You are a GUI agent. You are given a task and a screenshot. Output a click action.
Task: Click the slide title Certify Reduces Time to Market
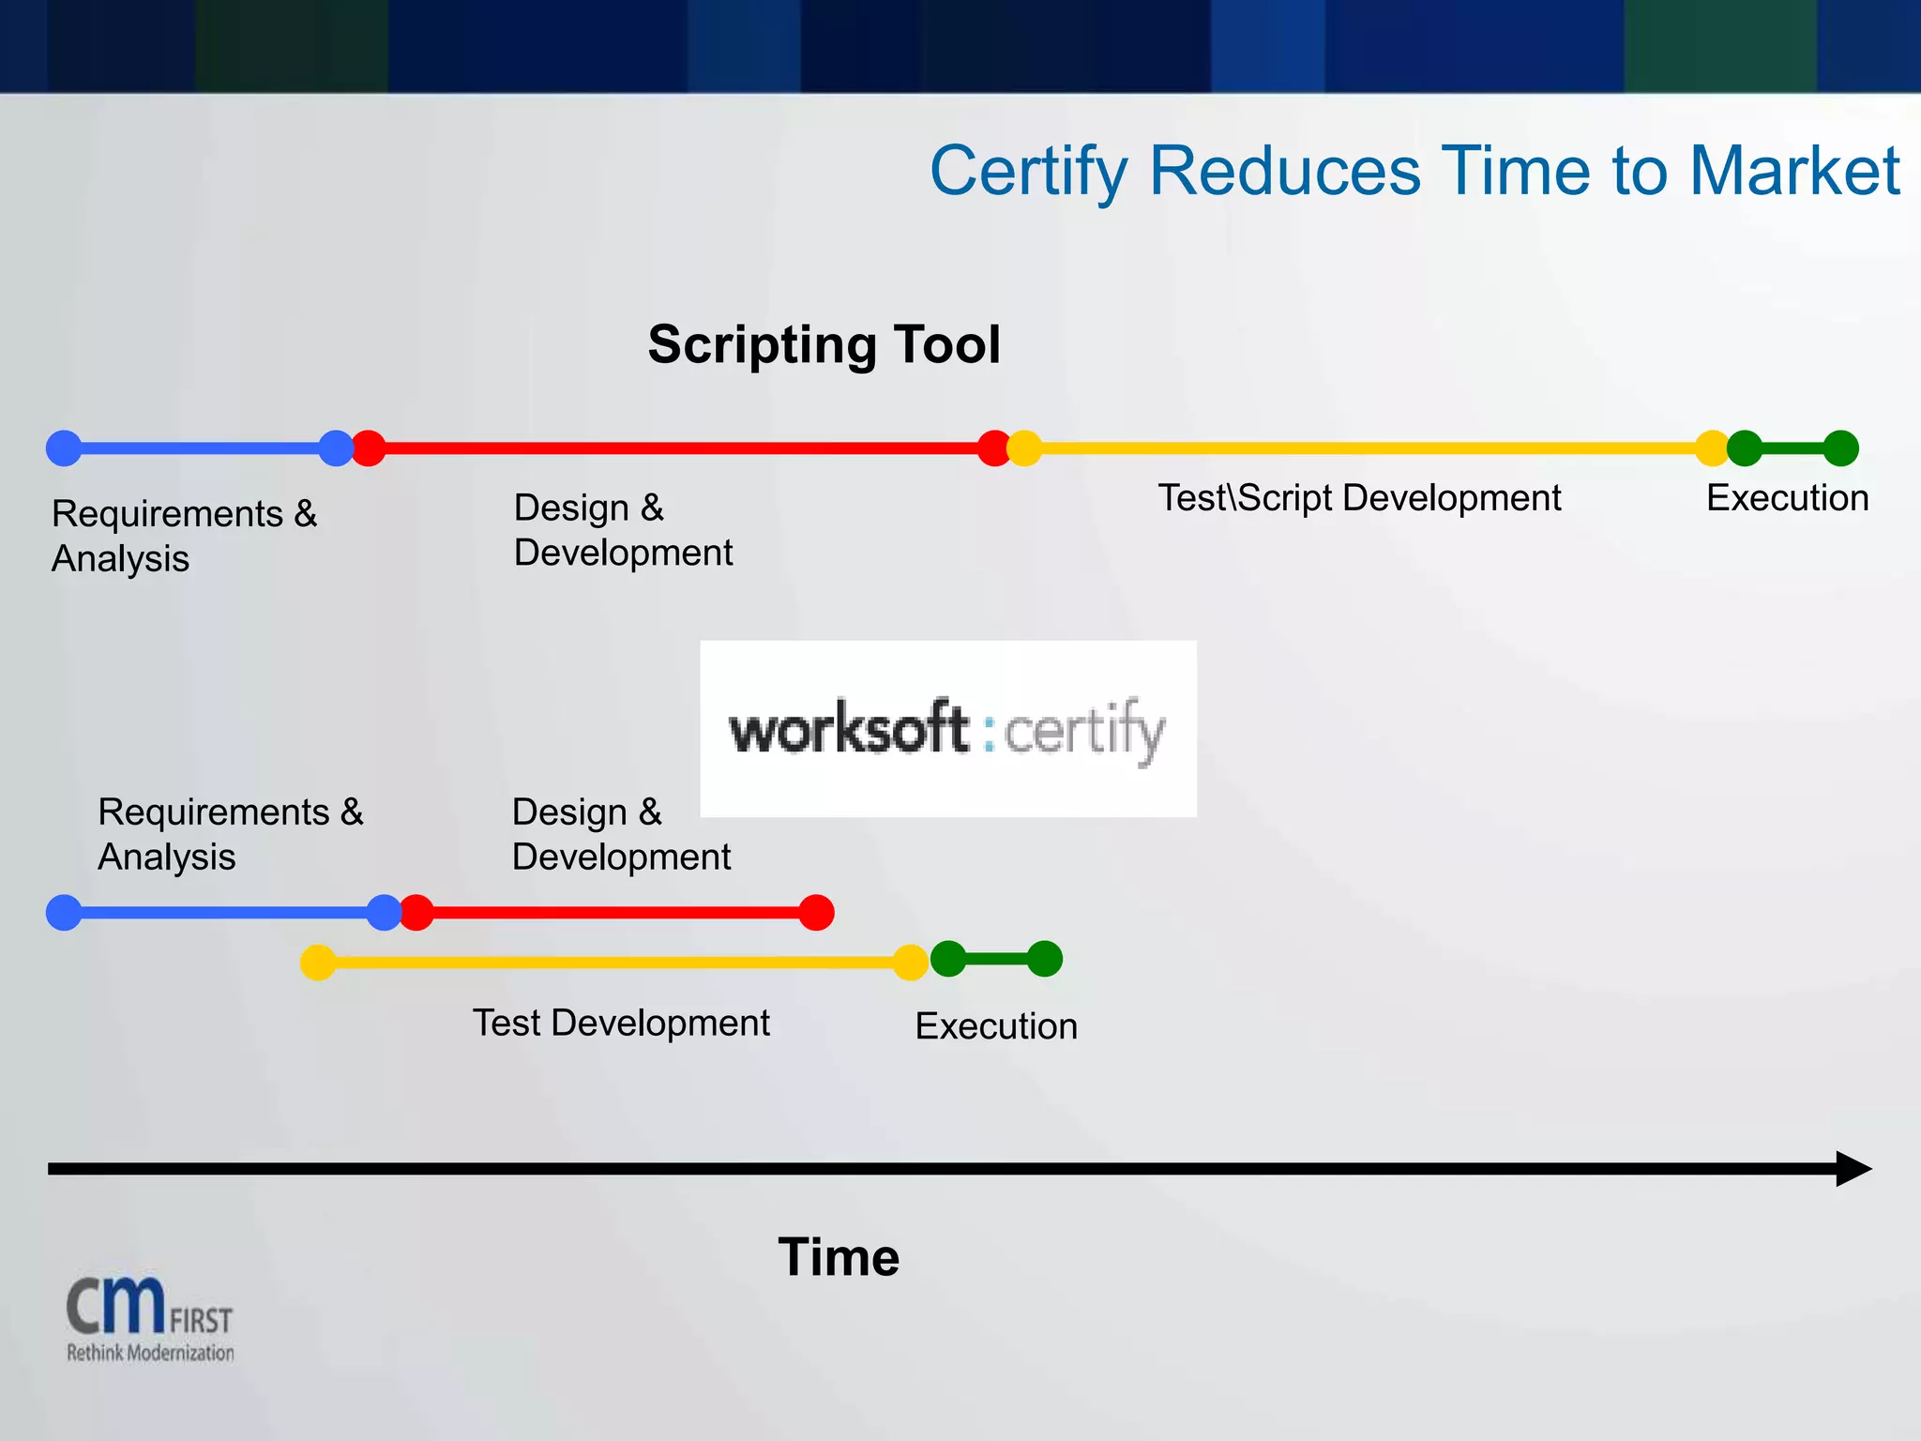pos(1414,172)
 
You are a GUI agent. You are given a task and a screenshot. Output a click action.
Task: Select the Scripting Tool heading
pos(824,344)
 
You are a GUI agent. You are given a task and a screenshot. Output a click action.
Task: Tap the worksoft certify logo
pos(947,729)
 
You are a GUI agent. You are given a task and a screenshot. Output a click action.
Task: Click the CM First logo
pos(149,1318)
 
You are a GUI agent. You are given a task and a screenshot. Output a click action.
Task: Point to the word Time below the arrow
pos(838,1257)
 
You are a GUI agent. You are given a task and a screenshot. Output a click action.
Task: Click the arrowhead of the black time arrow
pos(1852,1169)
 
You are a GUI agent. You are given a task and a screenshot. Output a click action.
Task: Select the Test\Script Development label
pos(1358,498)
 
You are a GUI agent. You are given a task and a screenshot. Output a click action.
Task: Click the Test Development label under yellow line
pos(620,1023)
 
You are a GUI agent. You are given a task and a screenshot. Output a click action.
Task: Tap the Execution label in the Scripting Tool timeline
pos(1787,498)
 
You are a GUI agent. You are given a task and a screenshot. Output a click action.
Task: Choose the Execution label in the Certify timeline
pos(995,1026)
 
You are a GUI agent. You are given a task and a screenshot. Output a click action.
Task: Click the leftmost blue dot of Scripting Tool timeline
pos(64,448)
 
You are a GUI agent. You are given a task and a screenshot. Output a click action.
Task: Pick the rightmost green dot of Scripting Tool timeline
pos(1840,448)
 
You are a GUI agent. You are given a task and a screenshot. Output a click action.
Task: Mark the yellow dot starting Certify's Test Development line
pos(318,963)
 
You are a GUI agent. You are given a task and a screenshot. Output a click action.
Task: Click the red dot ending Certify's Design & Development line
pos(816,912)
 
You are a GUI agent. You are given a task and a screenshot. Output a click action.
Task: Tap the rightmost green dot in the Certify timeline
pos(1044,959)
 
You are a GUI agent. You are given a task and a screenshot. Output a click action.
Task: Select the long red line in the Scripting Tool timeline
pos(680,448)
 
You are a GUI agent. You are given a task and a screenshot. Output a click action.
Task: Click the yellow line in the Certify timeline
pos(614,963)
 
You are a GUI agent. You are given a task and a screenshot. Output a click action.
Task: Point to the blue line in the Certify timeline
pos(223,912)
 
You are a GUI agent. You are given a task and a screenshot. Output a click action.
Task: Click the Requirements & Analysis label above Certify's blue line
pos(230,834)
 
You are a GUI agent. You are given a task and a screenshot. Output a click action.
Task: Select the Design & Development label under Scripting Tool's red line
pos(623,530)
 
